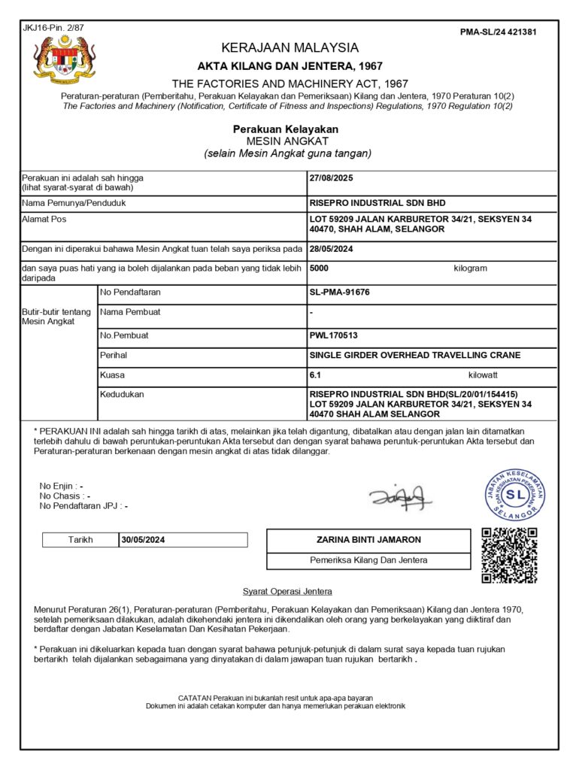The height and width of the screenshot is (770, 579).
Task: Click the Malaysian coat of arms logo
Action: coord(65,60)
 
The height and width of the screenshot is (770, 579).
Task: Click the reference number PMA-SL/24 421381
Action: coord(498,32)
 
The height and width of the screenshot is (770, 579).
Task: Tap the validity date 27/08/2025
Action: coord(332,178)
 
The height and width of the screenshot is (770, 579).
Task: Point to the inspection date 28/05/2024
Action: coord(332,248)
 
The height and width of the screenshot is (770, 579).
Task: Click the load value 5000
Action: coord(320,268)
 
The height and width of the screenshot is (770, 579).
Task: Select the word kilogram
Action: coord(470,268)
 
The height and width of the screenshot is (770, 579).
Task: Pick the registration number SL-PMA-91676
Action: coord(340,292)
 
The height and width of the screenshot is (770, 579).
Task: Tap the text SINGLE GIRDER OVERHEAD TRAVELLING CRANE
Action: coord(415,355)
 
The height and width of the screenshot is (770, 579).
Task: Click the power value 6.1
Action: coord(316,374)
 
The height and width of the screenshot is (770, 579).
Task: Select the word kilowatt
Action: coord(482,374)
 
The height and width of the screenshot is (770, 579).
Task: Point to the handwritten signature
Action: coord(401,496)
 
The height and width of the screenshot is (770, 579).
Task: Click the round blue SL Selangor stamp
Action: coord(515,494)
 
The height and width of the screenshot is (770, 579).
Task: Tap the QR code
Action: coord(509,556)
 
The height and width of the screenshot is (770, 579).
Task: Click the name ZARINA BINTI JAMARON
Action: coord(368,540)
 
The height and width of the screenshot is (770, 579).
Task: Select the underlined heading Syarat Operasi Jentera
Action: coord(287,592)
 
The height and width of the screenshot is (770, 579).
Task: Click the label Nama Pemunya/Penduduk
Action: coord(74,203)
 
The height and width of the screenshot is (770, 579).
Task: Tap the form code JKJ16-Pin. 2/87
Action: coord(53,28)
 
